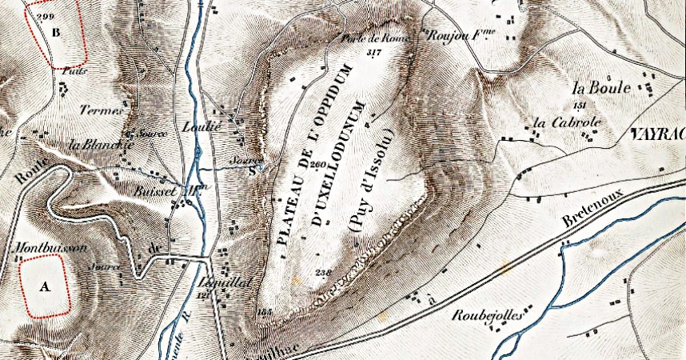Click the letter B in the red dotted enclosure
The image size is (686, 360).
[55, 33]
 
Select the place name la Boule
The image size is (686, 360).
[602, 87]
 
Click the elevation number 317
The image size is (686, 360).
[373, 52]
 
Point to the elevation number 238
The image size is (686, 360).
[323, 273]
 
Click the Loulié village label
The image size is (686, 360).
[224, 126]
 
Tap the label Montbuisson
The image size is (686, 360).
[50, 249]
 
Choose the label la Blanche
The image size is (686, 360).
[101, 145]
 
